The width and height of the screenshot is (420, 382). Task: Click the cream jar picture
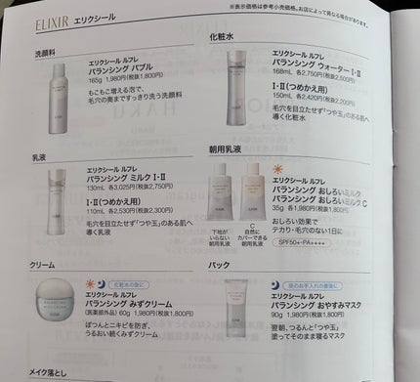point(59,314)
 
